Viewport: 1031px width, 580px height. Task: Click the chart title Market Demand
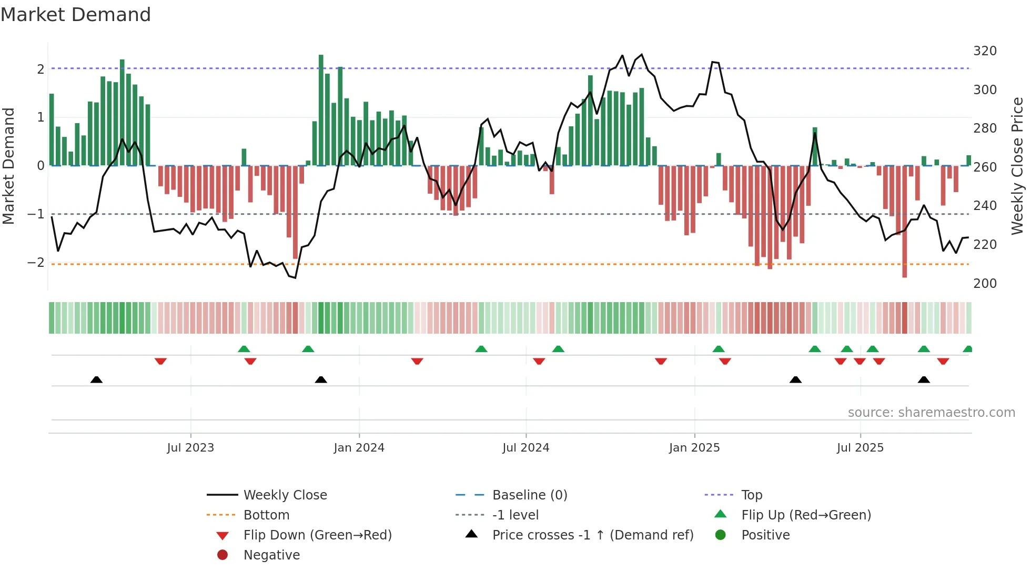point(76,15)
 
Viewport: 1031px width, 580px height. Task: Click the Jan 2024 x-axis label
point(359,448)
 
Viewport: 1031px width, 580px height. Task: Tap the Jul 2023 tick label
point(190,448)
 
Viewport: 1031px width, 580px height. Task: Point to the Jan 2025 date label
point(694,448)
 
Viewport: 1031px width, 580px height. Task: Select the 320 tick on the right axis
point(985,51)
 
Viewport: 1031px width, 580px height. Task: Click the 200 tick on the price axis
point(985,284)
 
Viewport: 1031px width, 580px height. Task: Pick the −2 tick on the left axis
point(36,263)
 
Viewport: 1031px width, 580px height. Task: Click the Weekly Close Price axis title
point(1017,166)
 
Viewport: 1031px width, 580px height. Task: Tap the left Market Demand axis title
point(8,166)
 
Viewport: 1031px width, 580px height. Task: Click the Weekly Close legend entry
point(285,495)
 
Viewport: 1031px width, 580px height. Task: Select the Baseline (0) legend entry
point(529,495)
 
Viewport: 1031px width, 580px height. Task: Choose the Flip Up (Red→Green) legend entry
point(805,515)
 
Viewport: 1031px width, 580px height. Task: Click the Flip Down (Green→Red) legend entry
point(317,535)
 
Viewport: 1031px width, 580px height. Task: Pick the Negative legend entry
point(271,555)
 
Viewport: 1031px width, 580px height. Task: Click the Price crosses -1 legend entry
point(592,535)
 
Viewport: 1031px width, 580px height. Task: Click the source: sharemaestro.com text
point(931,413)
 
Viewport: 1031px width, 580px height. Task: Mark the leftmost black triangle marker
point(96,379)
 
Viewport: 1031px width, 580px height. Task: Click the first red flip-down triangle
point(160,361)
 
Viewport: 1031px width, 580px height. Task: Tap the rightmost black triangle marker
point(924,379)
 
